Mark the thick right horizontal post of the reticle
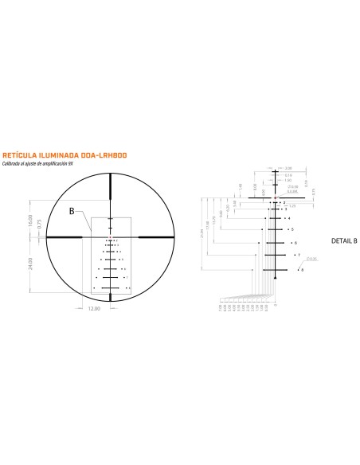(x=152, y=236)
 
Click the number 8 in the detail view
(x=302, y=271)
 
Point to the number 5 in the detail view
(x=292, y=229)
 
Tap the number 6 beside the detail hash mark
(x=295, y=242)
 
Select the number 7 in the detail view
(x=299, y=255)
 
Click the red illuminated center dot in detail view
(x=274, y=197)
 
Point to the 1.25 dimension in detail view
(x=293, y=206)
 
